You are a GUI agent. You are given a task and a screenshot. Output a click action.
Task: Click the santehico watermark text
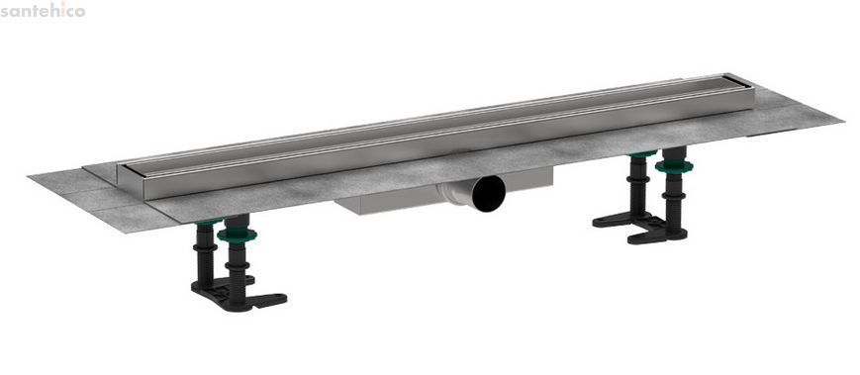point(43,10)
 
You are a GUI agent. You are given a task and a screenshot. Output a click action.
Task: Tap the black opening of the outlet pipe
point(488,194)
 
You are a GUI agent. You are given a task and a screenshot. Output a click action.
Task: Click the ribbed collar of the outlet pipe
point(454,194)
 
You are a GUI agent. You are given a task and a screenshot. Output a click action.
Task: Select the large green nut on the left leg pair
point(237,235)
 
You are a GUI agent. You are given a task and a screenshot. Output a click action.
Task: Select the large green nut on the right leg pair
point(674,165)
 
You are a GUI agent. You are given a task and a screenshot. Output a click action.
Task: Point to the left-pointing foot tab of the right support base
point(611,222)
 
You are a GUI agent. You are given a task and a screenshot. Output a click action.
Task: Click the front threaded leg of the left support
point(238,262)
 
